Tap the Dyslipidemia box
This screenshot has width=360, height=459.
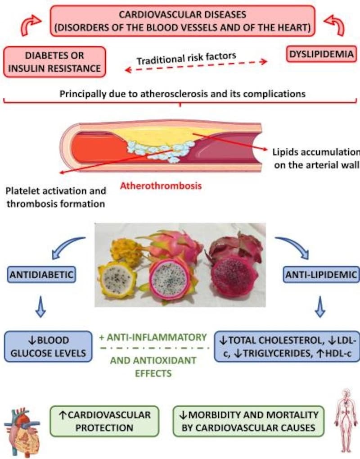point(321,55)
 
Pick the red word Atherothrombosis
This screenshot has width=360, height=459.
point(161,185)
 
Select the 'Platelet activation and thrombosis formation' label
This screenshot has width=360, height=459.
point(56,197)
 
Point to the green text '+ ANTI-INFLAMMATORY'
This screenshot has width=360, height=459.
point(153,337)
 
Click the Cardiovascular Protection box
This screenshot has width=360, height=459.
point(104,421)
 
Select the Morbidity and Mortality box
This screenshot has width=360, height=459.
point(248,421)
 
